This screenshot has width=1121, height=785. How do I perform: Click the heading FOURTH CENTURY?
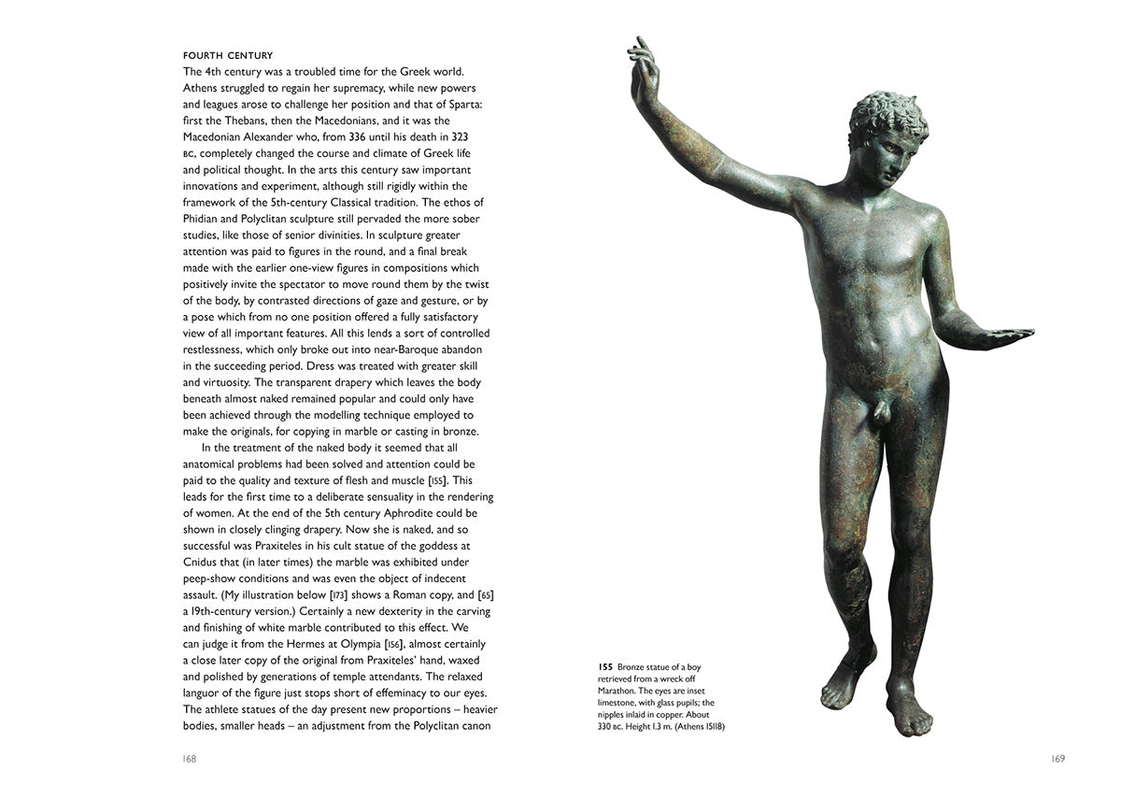coord(228,56)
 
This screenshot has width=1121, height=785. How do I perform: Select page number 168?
coord(190,759)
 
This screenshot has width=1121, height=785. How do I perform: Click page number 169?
coord(1058,759)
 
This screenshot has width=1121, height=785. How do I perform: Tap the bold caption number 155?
coord(605,667)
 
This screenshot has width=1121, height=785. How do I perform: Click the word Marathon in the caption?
coord(620,691)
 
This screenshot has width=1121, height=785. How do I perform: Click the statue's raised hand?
coord(642,70)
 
